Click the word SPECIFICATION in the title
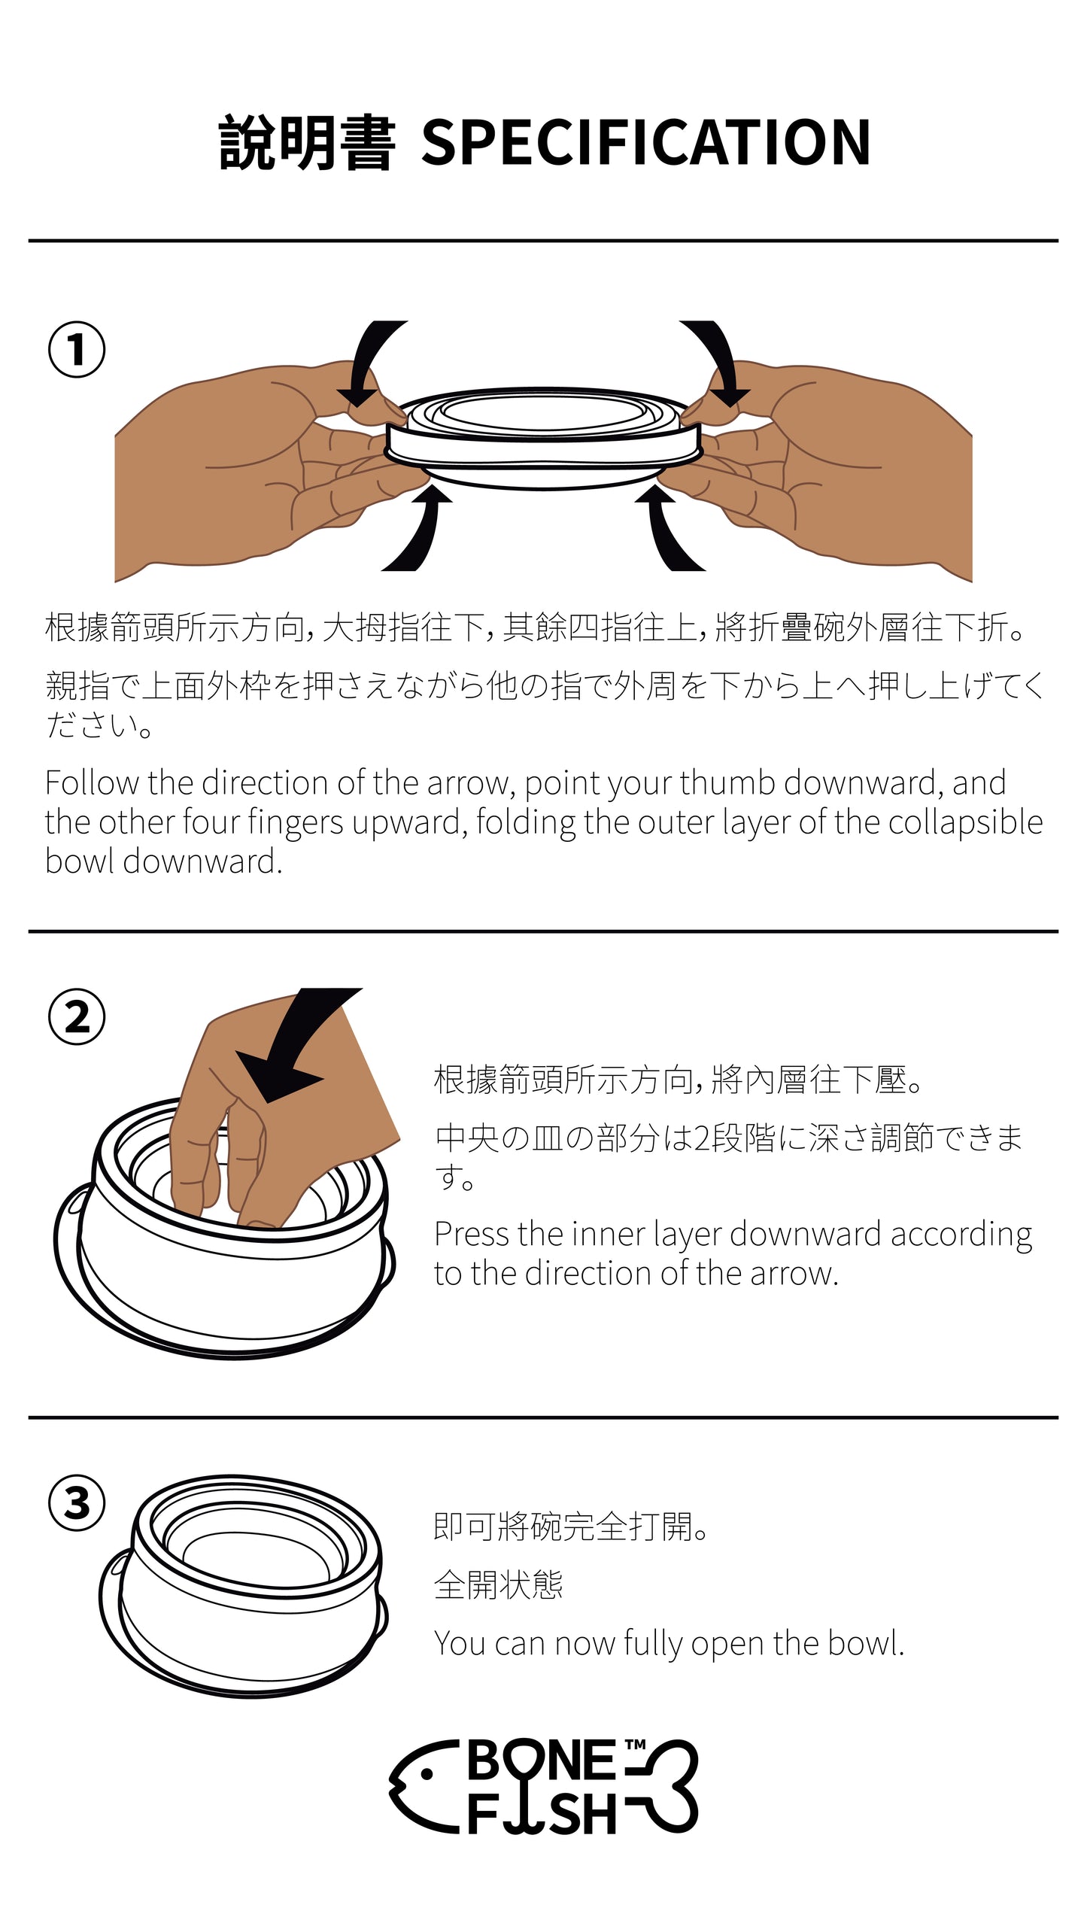[645, 142]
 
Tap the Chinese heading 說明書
[307, 142]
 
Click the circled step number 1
[77, 350]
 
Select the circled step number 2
[77, 1017]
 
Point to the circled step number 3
[77, 1503]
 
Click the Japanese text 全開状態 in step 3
[498, 1585]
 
